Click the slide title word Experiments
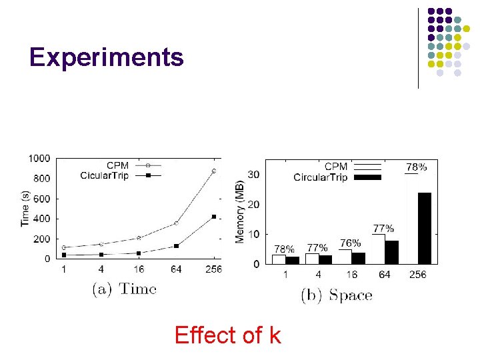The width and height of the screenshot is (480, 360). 106,57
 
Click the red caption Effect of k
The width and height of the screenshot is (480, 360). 227,335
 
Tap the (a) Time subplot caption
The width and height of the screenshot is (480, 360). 123,289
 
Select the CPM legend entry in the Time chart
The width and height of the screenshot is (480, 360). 117,165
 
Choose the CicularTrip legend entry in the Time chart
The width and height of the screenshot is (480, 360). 107,175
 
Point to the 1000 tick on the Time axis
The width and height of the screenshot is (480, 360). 39,158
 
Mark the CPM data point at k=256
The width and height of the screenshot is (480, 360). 214,171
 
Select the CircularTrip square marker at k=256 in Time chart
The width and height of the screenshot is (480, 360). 214,217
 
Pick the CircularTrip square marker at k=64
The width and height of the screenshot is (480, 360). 177,246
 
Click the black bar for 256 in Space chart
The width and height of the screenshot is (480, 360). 424,228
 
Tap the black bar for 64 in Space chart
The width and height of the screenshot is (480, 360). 391,252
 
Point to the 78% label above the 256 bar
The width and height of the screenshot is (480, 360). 417,166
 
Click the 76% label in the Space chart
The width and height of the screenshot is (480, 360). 351,243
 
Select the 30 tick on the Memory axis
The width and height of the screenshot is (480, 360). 254,174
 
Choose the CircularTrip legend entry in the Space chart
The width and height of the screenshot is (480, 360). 321,177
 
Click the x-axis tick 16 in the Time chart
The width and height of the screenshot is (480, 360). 139,269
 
